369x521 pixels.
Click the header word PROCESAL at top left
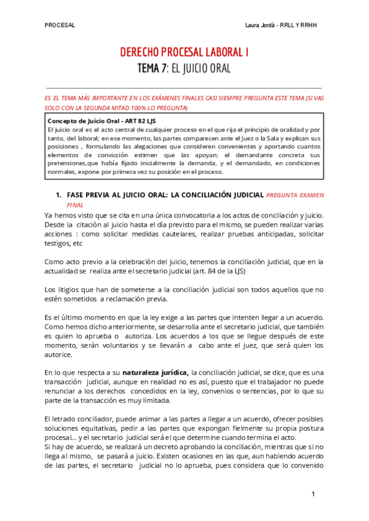[60, 25]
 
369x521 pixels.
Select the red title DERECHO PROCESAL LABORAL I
[184, 53]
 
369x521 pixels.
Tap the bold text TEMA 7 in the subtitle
[151, 68]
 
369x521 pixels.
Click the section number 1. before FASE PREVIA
[59, 195]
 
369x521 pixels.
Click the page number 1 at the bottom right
[313, 494]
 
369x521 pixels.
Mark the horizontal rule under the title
[184, 88]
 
